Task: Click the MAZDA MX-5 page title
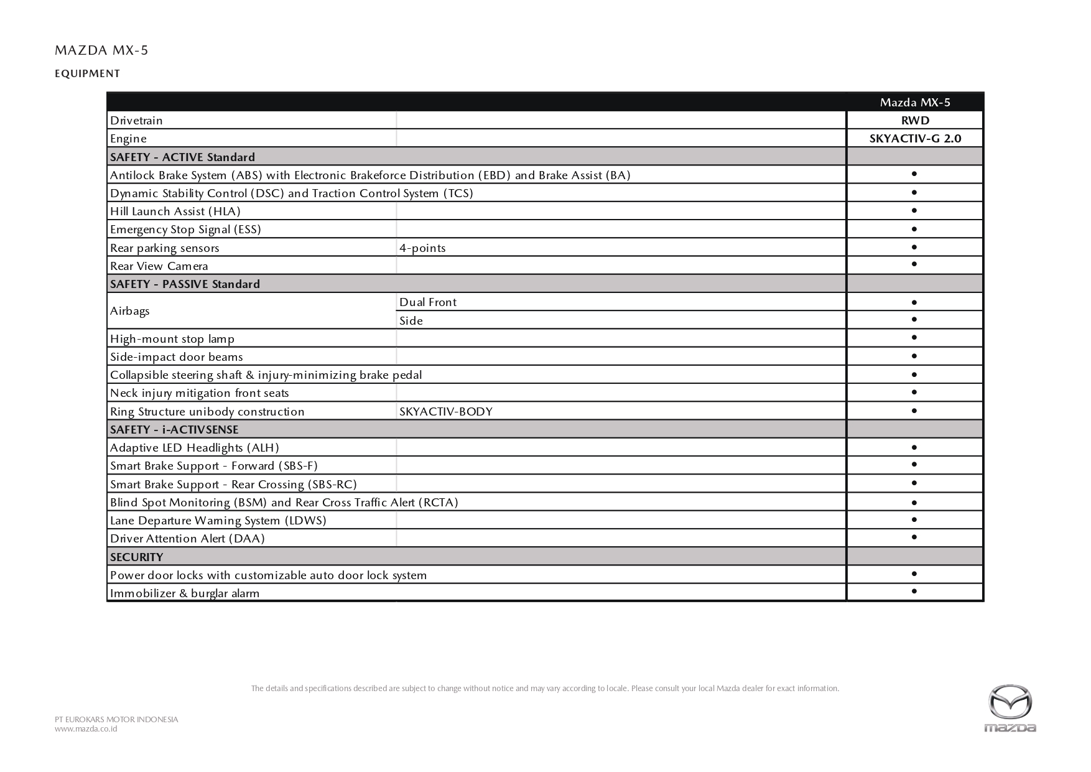click(101, 50)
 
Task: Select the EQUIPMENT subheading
click(87, 73)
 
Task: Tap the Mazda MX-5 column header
click(914, 103)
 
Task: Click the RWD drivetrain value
click(914, 121)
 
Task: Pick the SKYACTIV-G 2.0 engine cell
click(914, 139)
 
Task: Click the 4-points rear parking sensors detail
click(422, 248)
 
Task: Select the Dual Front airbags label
click(428, 302)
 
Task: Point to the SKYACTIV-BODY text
click(446, 412)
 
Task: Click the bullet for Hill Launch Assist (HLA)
click(914, 211)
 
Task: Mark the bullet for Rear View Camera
click(914, 264)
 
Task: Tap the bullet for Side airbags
click(914, 320)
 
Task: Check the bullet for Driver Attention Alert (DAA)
click(914, 537)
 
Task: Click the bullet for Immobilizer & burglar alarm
click(914, 591)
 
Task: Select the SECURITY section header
click(136, 557)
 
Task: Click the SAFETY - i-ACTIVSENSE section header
click(174, 430)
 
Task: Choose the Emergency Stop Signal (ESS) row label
click(185, 230)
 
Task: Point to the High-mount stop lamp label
click(172, 339)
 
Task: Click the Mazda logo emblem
click(1010, 703)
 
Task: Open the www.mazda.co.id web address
click(86, 729)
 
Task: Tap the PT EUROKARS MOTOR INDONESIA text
click(116, 720)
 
